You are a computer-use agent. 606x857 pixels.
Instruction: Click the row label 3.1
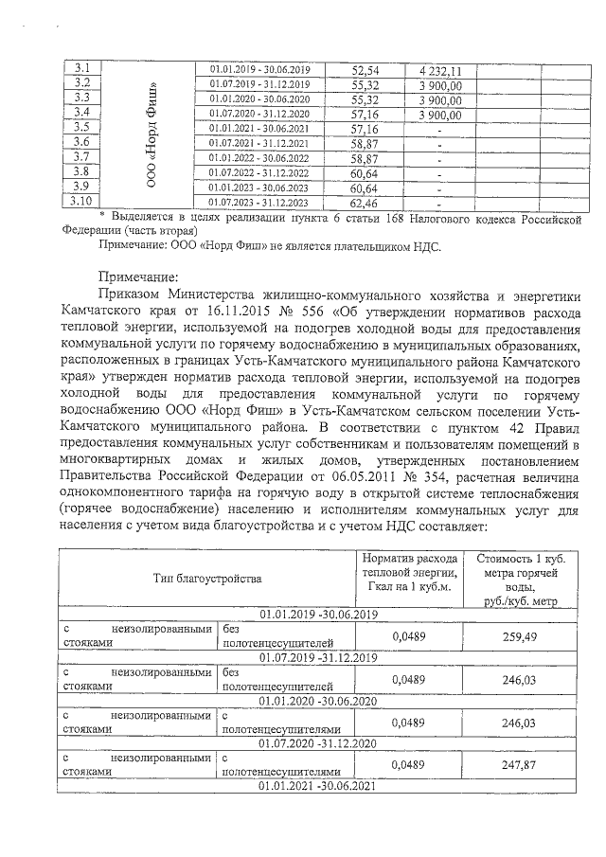pyautogui.click(x=81, y=68)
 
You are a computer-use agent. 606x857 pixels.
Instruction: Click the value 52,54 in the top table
pyautogui.click(x=365, y=69)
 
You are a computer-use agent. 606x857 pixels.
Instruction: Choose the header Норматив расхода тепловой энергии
pyautogui.click(x=410, y=569)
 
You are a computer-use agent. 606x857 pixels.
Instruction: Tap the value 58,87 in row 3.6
pyautogui.click(x=365, y=143)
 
